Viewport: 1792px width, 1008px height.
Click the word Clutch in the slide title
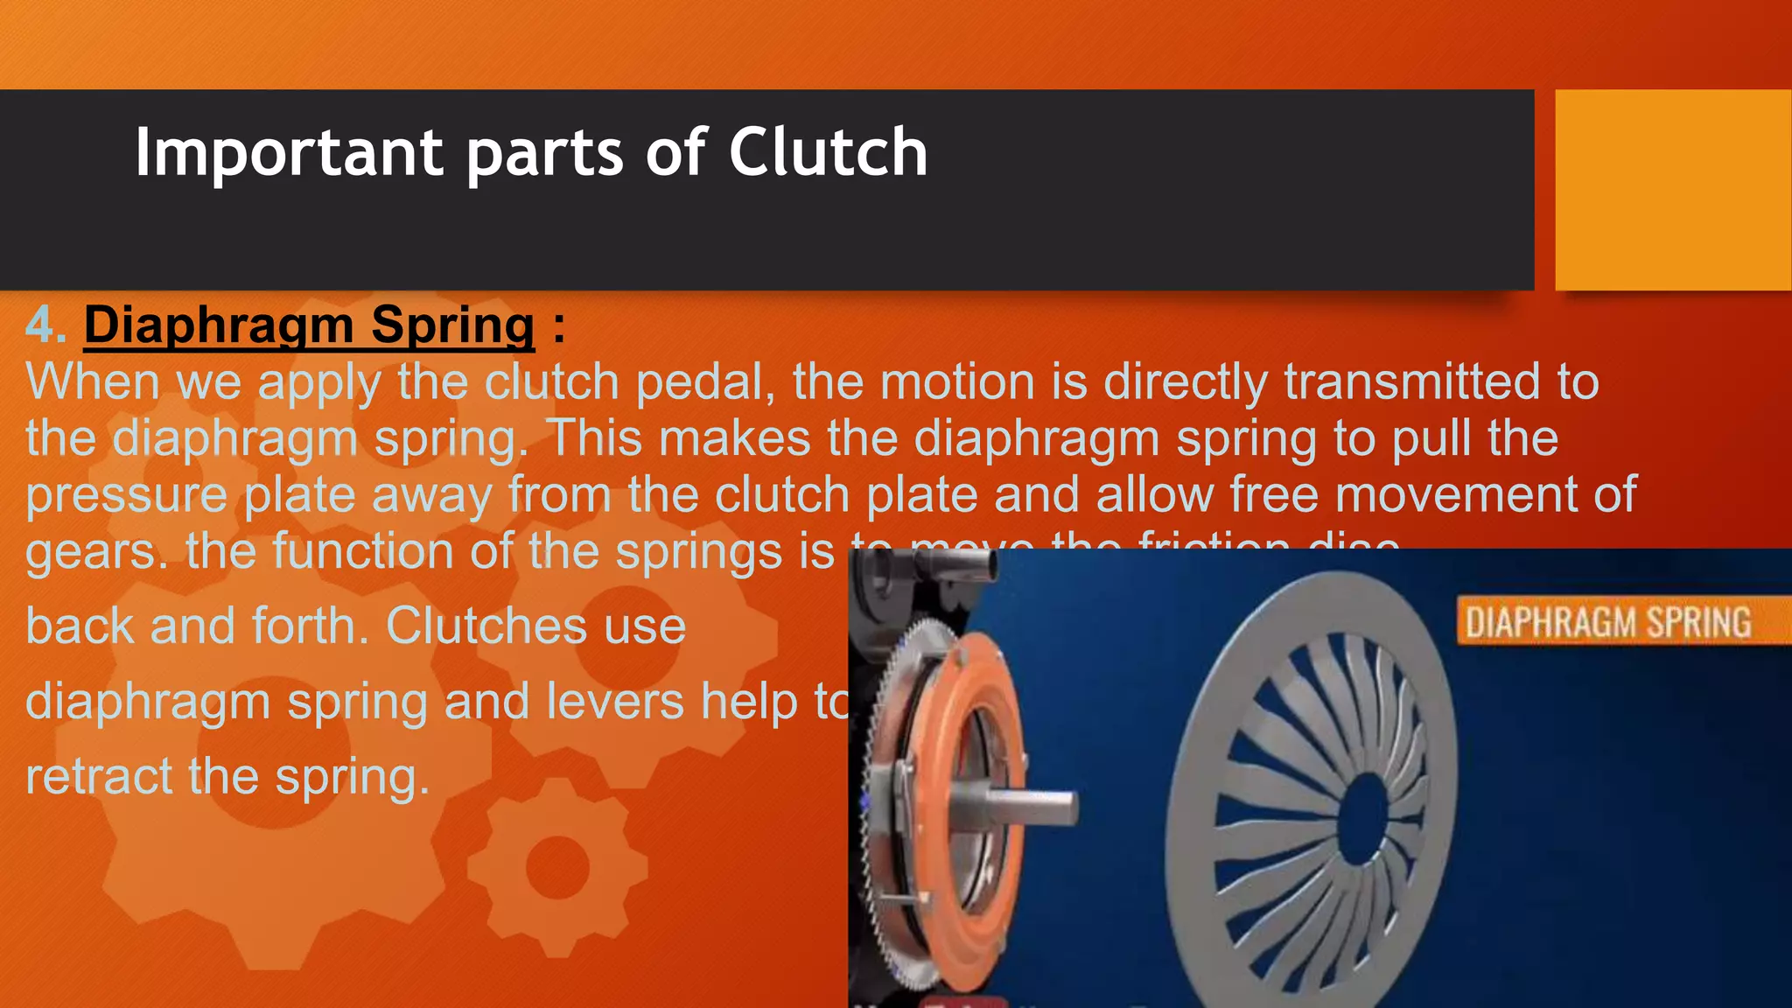[x=827, y=152]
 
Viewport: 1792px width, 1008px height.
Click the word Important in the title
[x=289, y=152]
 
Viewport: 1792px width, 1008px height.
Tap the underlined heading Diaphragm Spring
[x=309, y=325]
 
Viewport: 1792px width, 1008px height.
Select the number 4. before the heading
[x=45, y=325]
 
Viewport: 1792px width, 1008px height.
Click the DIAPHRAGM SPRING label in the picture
[x=1608, y=623]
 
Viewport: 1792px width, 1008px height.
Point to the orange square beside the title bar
[x=1673, y=189]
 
